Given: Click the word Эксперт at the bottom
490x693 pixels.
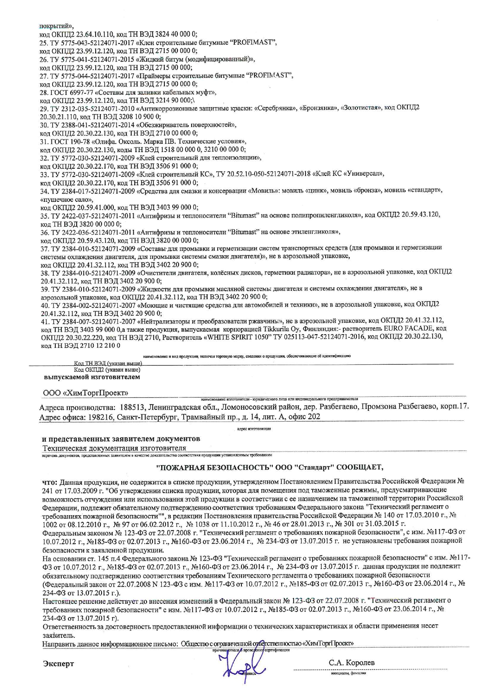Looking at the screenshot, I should [58, 664].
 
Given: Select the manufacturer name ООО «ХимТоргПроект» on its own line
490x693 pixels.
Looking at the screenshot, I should [85, 393].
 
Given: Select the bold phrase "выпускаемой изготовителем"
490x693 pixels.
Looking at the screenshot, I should [92, 377].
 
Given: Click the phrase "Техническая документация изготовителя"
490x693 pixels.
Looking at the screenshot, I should [114, 448].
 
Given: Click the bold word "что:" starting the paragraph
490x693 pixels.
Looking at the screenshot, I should [50, 482].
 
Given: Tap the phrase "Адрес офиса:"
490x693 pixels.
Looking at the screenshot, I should [60, 417].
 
